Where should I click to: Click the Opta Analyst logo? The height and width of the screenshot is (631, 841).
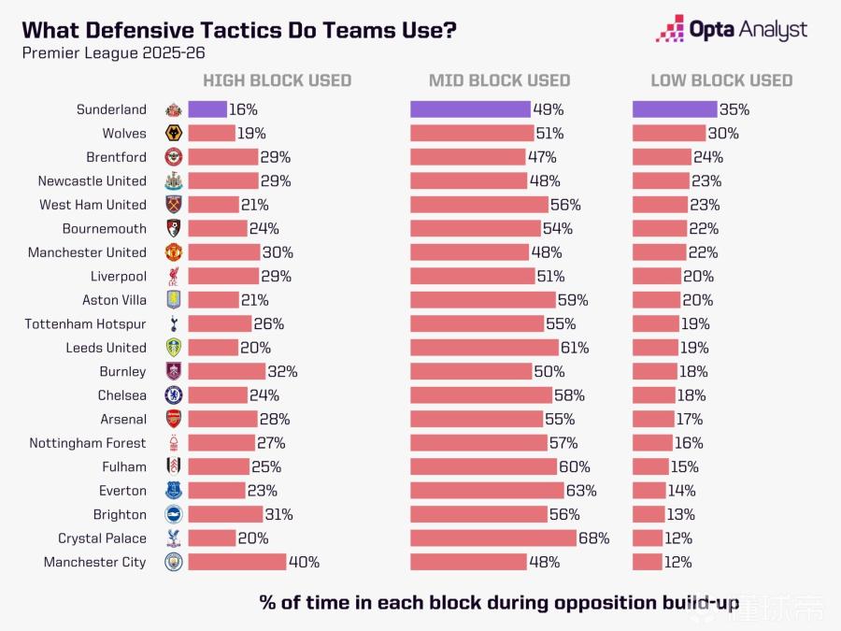pos(731,29)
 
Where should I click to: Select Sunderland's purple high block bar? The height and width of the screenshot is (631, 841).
pos(207,109)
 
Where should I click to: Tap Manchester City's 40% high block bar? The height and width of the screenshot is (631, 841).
pos(237,562)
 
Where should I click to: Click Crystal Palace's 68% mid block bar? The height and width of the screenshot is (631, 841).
pos(493,538)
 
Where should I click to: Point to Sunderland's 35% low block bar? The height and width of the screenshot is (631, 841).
pos(675,109)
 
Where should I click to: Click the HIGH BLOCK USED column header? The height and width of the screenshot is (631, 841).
pos(277,80)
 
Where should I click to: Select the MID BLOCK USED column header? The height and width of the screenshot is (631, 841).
pos(499,80)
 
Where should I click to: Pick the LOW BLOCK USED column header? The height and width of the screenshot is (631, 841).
pos(721,80)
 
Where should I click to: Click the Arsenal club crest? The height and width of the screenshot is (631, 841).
pos(174,419)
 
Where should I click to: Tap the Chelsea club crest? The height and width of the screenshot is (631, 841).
pos(174,395)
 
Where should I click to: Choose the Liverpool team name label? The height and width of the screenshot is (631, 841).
pos(119,276)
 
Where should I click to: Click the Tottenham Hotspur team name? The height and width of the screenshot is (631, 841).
pos(86,323)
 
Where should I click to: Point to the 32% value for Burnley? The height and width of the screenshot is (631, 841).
pos(282,371)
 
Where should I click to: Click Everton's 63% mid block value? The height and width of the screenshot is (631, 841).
pos(581,491)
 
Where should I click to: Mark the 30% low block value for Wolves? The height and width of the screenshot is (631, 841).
pos(723,134)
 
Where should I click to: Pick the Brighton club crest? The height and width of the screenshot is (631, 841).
pos(174,514)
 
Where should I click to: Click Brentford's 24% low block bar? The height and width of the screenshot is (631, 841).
pos(662,157)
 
